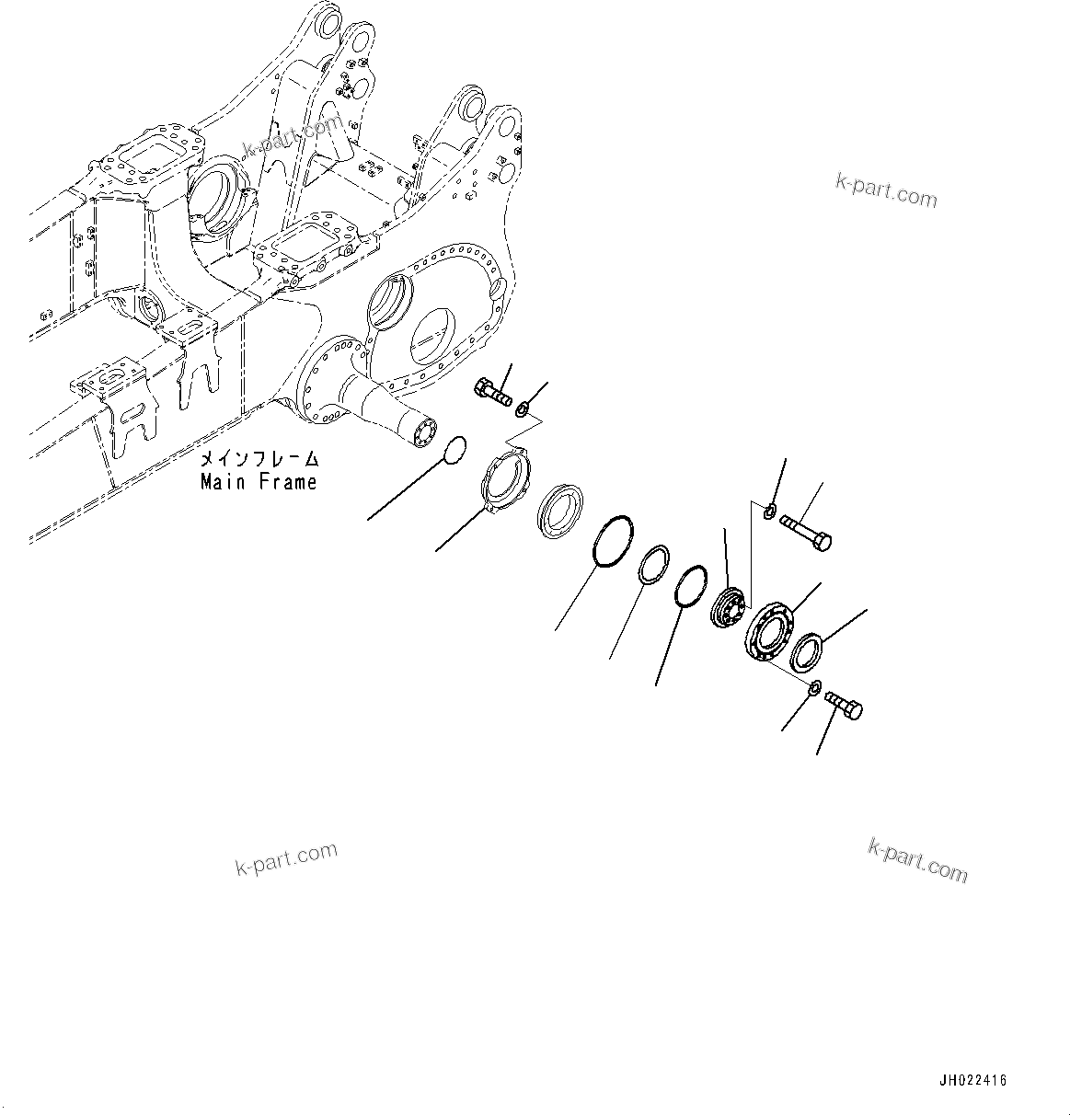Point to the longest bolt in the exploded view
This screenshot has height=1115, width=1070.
(806, 533)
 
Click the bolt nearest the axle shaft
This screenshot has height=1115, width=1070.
(493, 393)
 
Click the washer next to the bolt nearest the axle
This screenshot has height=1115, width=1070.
(523, 408)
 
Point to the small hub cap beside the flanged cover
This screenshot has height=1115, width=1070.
(729, 608)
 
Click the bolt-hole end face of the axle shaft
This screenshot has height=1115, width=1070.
(428, 433)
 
